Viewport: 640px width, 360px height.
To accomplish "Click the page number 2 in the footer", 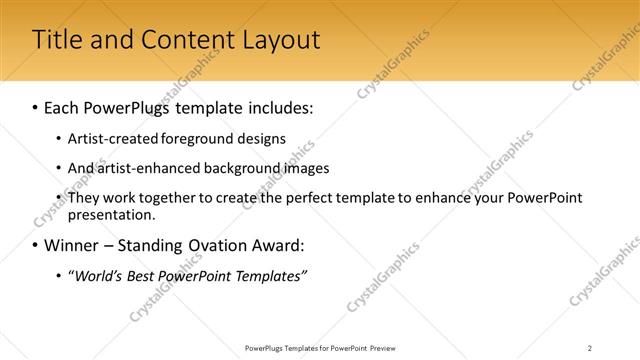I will [590, 347].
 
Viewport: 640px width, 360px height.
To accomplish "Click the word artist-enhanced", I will [143, 168].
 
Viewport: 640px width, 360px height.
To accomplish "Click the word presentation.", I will [111, 214].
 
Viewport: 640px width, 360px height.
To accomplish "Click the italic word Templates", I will [267, 275].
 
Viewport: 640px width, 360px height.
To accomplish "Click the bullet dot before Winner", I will [36, 246].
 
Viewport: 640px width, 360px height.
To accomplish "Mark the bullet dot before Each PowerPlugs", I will [36, 106].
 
